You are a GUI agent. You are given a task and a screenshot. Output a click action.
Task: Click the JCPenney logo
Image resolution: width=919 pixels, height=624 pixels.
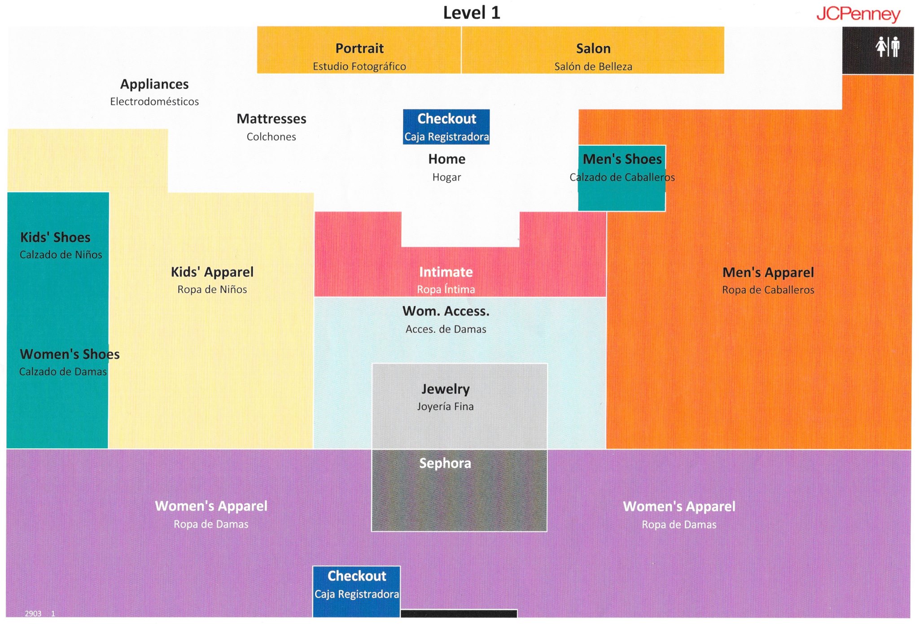[x=858, y=14]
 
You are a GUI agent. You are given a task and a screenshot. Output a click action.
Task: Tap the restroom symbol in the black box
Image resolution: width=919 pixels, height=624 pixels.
[x=887, y=47]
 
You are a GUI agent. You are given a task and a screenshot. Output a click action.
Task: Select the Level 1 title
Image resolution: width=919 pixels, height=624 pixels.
[x=471, y=13]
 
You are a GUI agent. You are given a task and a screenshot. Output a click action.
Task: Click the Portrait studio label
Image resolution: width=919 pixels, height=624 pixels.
[x=359, y=48]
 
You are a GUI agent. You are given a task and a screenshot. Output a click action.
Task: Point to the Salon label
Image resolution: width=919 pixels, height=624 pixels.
[x=593, y=48]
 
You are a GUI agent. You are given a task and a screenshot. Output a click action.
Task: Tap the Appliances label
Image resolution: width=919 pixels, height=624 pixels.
[x=154, y=84]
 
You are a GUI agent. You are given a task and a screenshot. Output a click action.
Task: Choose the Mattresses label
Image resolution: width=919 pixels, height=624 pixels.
[x=271, y=119]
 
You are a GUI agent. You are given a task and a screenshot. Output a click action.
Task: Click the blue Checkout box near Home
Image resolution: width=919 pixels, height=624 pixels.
[x=446, y=127]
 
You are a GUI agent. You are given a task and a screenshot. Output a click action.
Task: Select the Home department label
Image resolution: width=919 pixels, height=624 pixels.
[x=446, y=159]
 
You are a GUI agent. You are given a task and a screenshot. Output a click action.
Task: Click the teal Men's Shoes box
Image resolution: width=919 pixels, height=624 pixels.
[x=621, y=178]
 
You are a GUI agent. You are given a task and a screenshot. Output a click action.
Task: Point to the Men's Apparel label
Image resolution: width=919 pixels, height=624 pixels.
[x=768, y=273]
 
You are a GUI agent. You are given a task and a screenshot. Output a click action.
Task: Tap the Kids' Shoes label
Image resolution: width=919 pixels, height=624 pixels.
[x=55, y=238]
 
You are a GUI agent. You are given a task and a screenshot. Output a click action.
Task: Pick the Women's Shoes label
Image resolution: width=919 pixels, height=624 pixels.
[x=70, y=355]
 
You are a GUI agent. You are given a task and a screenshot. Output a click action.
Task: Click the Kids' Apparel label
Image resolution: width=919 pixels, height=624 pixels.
[x=212, y=272]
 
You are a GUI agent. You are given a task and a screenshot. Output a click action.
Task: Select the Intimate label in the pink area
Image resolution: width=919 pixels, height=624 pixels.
[x=446, y=272]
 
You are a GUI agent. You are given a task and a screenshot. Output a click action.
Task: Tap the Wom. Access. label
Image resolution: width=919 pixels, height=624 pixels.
[x=446, y=311]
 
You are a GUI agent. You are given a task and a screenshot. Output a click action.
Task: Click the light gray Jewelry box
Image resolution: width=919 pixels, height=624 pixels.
[x=459, y=406]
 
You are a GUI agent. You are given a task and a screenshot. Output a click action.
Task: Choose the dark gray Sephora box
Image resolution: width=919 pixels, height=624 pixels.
[x=459, y=490]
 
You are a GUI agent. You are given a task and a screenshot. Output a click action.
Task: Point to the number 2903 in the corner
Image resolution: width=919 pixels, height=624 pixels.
[x=33, y=614]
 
